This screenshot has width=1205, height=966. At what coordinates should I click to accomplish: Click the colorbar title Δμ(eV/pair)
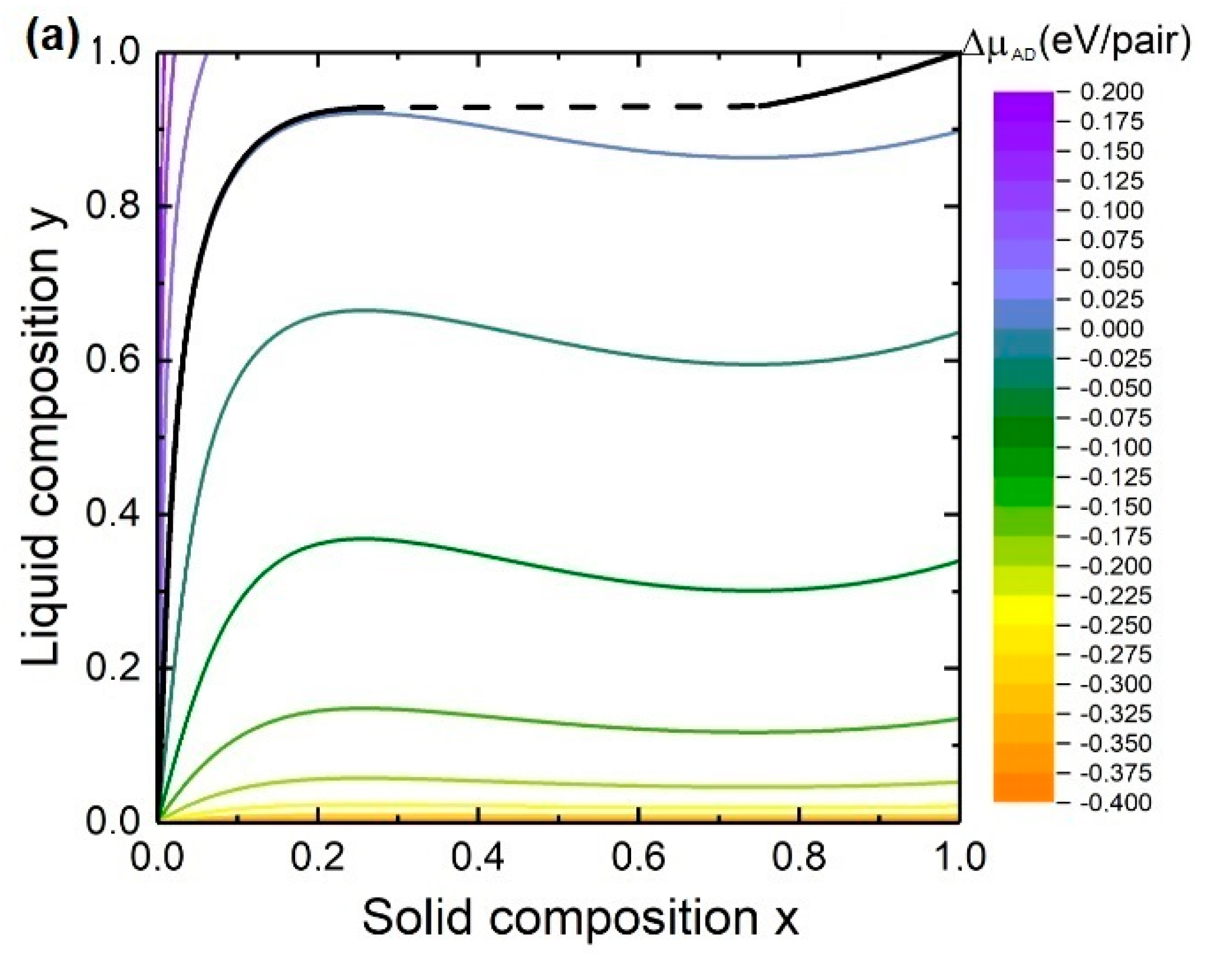click(x=1076, y=44)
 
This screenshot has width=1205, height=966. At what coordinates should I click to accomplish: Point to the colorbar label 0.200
click(x=1111, y=92)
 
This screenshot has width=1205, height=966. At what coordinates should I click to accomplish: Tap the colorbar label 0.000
click(x=1111, y=329)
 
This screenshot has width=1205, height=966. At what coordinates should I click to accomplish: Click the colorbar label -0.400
click(x=1114, y=803)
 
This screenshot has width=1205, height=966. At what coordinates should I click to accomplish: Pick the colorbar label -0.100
click(x=1114, y=448)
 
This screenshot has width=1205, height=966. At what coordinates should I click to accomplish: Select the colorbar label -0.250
click(x=1114, y=625)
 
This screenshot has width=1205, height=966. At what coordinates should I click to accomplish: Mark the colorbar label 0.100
click(x=1111, y=210)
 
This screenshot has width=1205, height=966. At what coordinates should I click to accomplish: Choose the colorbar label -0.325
click(x=1114, y=714)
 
